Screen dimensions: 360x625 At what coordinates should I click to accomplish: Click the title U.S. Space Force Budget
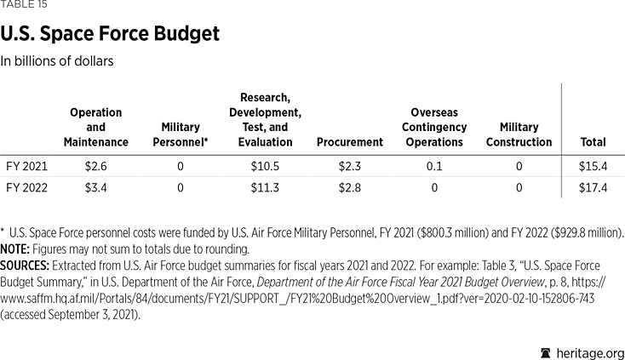pyautogui.click(x=111, y=34)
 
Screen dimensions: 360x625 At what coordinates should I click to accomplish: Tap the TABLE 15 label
pyautogui.click(x=25, y=5)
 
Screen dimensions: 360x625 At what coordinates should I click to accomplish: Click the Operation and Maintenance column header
pyautogui.click(x=95, y=127)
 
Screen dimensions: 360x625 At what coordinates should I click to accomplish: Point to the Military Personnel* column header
pyautogui.click(x=181, y=134)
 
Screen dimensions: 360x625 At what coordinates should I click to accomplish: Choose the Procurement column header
pyautogui.click(x=349, y=142)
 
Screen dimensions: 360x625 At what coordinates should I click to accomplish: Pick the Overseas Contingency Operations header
pyautogui.click(x=433, y=127)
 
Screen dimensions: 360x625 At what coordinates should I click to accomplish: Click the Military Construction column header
pyautogui.click(x=519, y=134)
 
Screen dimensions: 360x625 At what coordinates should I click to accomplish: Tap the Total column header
pyautogui.click(x=593, y=142)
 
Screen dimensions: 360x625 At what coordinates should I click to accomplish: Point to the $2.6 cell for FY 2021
pyautogui.click(x=95, y=166)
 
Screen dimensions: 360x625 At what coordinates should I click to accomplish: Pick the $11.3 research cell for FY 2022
pyautogui.click(x=265, y=188)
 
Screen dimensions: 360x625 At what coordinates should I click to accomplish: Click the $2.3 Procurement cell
pyautogui.click(x=349, y=166)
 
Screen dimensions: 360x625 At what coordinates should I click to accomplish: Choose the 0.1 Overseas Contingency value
pyautogui.click(x=433, y=166)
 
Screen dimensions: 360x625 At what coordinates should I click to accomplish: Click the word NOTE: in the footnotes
pyautogui.click(x=17, y=249)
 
